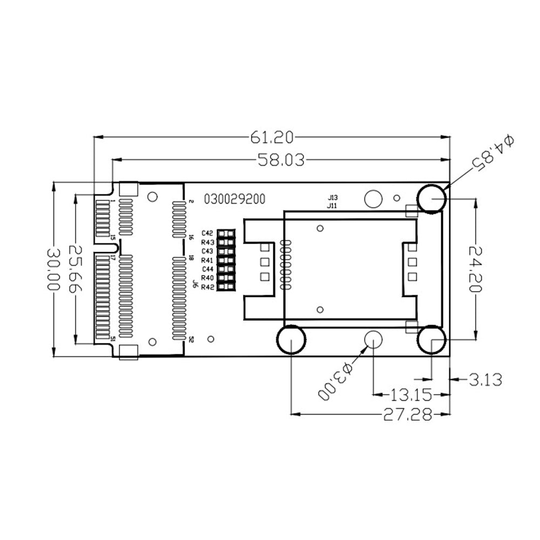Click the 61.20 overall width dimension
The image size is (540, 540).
click(272, 138)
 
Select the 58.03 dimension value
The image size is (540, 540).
click(281, 160)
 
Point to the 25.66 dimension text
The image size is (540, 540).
click(76, 269)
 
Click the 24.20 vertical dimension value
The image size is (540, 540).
click(475, 269)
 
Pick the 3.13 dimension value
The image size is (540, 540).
click(485, 380)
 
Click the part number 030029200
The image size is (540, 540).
click(234, 199)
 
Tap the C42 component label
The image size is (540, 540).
click(208, 233)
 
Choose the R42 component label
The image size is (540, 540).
click(208, 287)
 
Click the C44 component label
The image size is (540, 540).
click(208, 269)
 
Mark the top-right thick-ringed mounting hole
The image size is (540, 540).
click(431, 198)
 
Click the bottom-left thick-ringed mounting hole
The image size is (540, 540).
click(291, 340)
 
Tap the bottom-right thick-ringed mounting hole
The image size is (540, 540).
click(431, 340)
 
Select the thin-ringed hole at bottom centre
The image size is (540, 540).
click(373, 340)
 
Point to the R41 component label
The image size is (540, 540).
click(208, 260)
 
